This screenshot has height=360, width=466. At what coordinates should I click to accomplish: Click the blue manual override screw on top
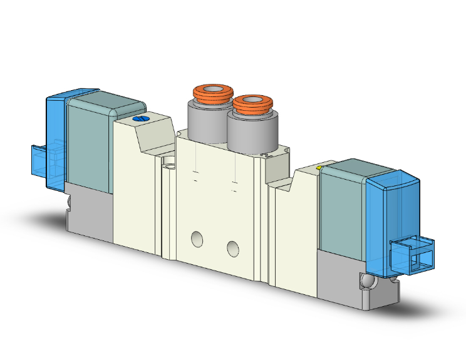click(141, 118)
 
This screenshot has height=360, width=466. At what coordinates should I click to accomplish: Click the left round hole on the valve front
click(197, 239)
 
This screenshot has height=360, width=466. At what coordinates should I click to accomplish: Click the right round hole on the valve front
click(234, 249)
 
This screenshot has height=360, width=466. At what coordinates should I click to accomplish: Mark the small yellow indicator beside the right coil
click(321, 168)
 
